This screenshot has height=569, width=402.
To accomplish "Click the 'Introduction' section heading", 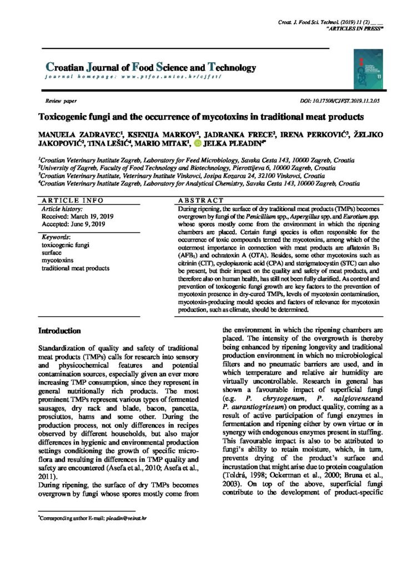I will pos(60,330).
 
